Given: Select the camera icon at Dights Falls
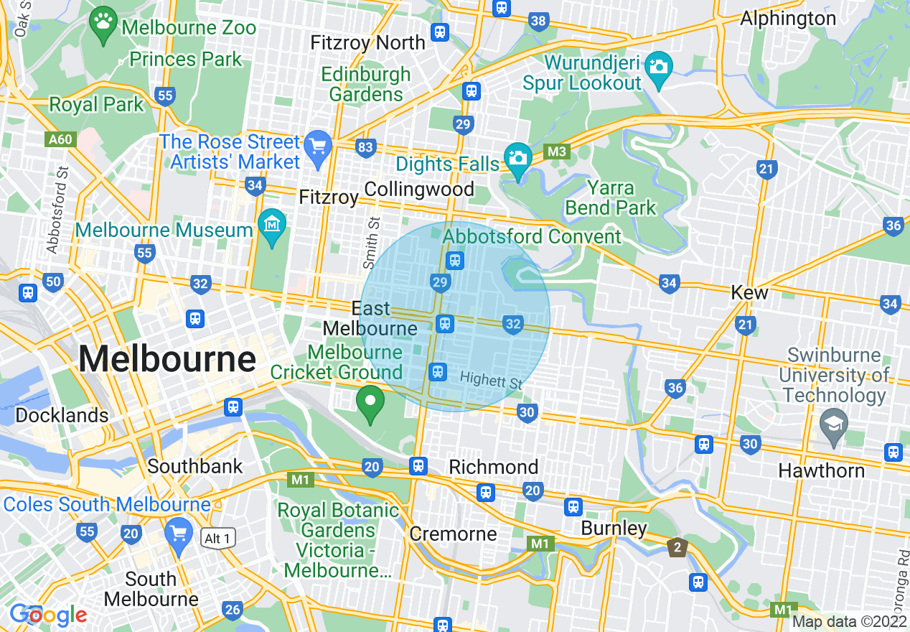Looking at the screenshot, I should [517, 156].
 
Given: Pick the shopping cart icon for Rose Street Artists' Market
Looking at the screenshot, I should [317, 146].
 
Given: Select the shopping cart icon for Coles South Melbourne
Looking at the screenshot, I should [177, 532].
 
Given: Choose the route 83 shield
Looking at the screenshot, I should [365, 148].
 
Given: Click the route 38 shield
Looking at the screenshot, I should [539, 22].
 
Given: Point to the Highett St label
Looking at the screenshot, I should [492, 380].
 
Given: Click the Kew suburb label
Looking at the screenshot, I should [749, 292].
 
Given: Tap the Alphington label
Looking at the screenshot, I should [788, 19].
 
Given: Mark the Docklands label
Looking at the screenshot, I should [62, 416].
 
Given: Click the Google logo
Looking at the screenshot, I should [48, 615].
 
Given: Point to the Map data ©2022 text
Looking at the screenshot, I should [850, 622].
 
